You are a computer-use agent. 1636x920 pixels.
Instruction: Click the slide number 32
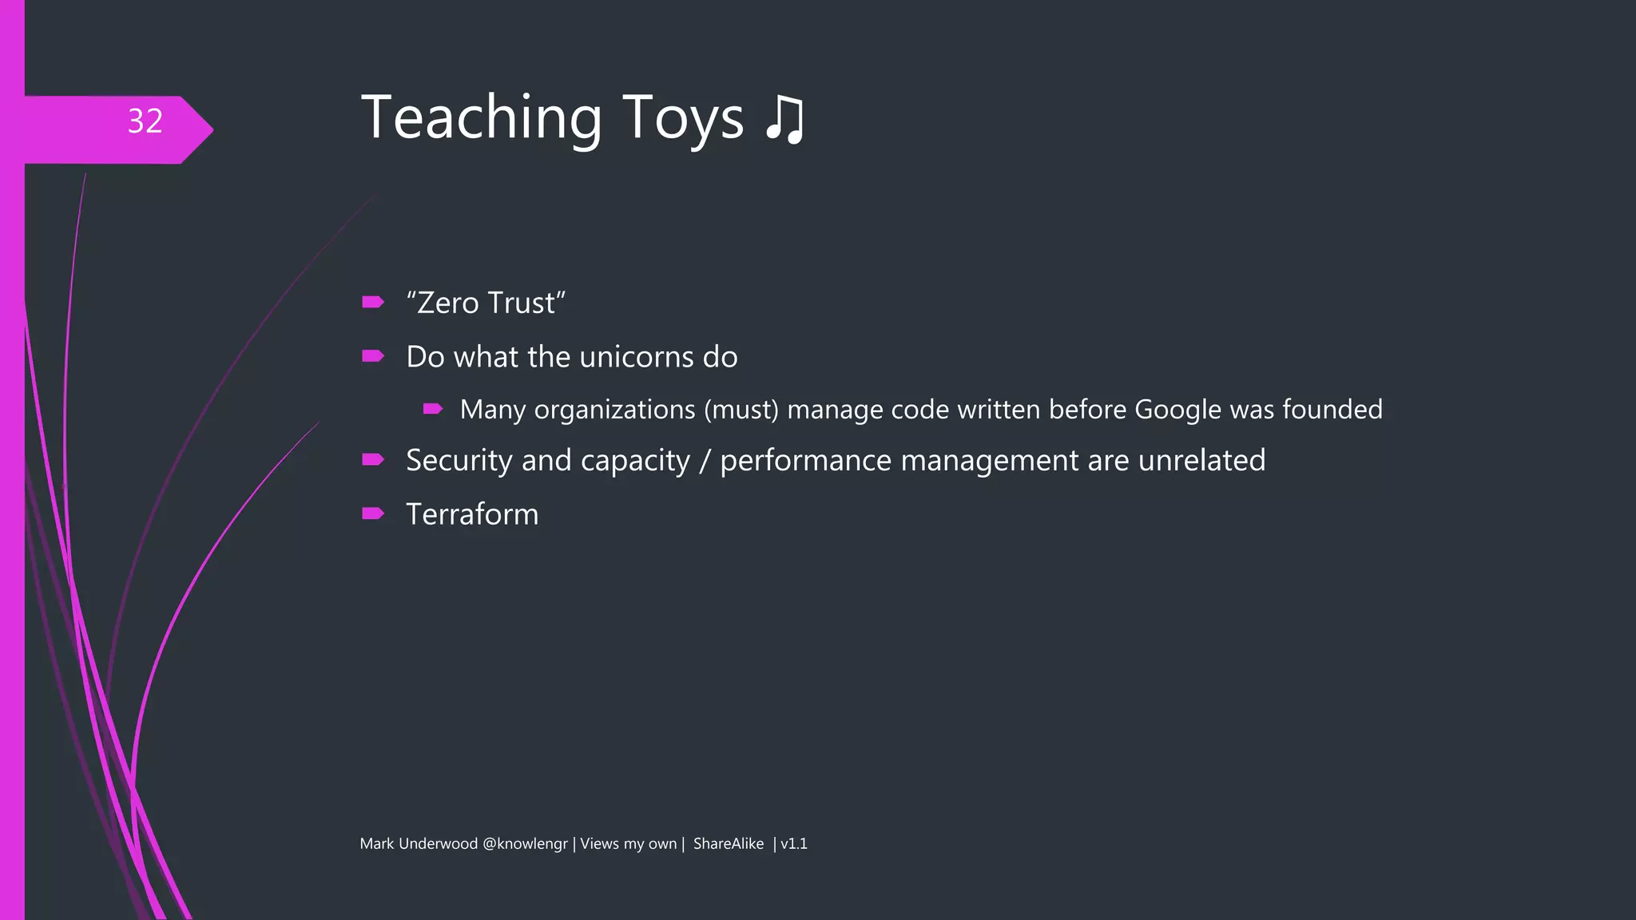[x=145, y=121]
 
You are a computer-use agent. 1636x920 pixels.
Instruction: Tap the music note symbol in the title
[x=784, y=120]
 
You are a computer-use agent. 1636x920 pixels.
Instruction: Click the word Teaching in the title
[x=481, y=118]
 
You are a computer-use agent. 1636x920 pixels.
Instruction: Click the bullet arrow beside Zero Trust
[x=372, y=302]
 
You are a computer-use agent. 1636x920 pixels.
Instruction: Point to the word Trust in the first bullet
[x=521, y=303]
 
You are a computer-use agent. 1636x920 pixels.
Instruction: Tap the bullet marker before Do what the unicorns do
[x=372, y=355]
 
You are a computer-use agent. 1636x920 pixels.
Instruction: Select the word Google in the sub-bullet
[x=1177, y=410]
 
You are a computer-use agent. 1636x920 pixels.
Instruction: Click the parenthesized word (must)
[x=741, y=410]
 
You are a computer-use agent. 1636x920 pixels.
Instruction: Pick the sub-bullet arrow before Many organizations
[x=432, y=409]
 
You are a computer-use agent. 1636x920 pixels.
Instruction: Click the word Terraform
[x=472, y=514]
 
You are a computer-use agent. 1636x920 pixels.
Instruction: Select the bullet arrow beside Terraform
[x=372, y=513]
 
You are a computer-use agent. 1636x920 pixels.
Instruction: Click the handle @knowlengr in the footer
[x=525, y=844]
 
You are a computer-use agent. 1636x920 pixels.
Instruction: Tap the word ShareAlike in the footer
[x=728, y=844]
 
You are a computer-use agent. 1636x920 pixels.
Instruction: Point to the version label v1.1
[x=793, y=844]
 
